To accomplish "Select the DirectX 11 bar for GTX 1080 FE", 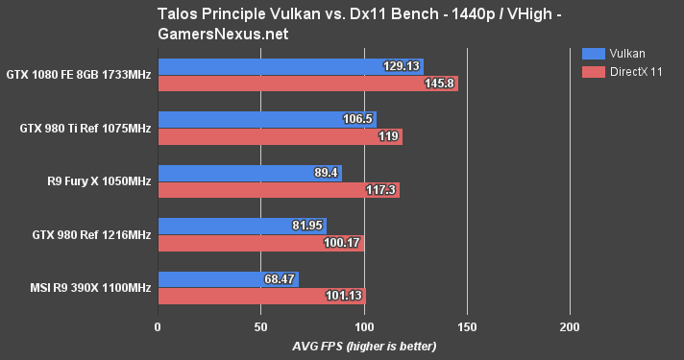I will click(x=307, y=84).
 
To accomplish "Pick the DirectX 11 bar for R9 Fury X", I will click(x=278, y=190).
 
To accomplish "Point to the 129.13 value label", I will click(x=403, y=66).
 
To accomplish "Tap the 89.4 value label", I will click(x=326, y=173).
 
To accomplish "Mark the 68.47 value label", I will click(x=279, y=278).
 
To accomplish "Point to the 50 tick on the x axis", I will click(x=260, y=326).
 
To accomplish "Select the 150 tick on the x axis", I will click(x=467, y=326).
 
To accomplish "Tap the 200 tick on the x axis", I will click(x=570, y=326).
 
